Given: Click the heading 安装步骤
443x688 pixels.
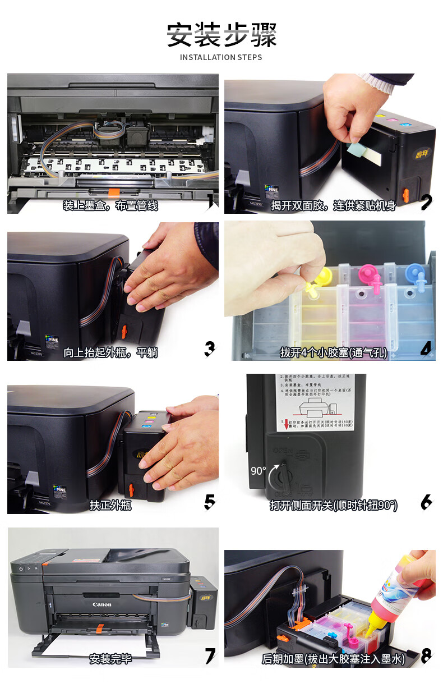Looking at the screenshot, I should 221,35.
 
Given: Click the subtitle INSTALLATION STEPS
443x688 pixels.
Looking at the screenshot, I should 221,57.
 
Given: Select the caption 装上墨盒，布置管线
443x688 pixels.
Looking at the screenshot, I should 110,205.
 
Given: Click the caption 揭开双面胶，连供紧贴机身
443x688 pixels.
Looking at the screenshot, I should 333,205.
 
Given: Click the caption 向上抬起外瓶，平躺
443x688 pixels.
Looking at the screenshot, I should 110,352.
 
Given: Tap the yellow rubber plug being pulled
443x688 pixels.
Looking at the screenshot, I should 322,276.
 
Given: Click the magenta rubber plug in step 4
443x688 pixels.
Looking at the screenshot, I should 368,274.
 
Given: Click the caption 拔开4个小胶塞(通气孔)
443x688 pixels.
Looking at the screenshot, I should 333,352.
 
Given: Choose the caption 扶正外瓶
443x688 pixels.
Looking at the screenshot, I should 110,504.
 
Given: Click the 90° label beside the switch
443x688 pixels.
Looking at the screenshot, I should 258,471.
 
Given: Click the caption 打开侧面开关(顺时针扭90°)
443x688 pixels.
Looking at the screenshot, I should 333,505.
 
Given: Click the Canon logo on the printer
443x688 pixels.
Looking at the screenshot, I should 101,604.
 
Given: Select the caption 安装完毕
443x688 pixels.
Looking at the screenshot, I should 110,658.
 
